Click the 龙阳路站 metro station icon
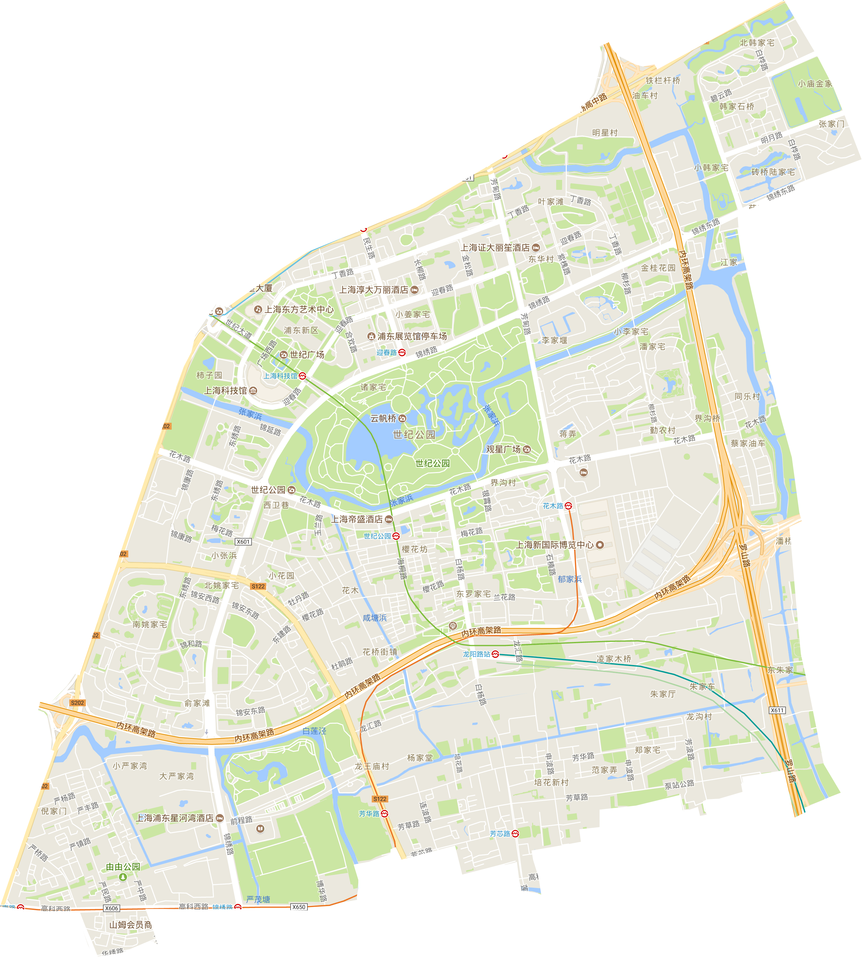[495, 654]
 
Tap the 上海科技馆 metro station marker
[302, 376]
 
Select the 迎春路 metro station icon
[402, 352]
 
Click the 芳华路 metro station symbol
[385, 814]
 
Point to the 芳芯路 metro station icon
[515, 834]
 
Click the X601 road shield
[243, 542]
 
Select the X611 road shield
[777, 710]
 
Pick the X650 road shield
[299, 907]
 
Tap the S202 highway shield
[77, 703]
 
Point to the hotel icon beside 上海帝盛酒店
[389, 519]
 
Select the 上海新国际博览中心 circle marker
[600, 545]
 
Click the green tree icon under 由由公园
[123, 877]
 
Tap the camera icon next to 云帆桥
[403, 418]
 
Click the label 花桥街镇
[380, 652]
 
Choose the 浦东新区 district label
[301, 330]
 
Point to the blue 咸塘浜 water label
[375, 618]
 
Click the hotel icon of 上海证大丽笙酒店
[536, 248]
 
